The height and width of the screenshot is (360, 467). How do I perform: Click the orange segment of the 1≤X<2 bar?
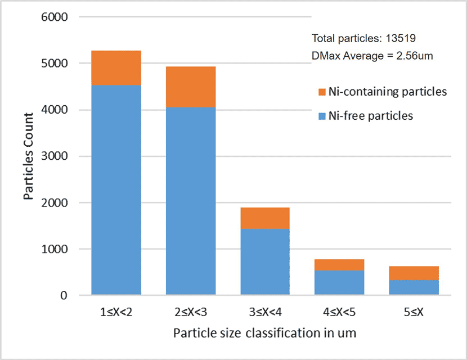point(116,67)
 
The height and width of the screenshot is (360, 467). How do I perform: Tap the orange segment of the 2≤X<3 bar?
point(191,87)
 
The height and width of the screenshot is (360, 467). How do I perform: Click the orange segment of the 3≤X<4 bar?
point(265,218)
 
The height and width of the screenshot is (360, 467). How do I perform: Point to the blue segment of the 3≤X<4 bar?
point(265,262)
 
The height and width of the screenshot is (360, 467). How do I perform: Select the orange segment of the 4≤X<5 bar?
point(339,265)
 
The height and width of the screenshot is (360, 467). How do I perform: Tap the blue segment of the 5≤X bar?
point(414,287)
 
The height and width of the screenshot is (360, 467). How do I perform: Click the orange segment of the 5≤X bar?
point(414,273)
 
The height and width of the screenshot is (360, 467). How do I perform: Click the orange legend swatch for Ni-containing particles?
point(322,92)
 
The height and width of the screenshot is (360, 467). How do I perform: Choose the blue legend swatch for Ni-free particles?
point(322,116)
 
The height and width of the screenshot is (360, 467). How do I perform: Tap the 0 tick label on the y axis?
point(64,295)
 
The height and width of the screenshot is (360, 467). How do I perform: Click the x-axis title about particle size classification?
point(264,333)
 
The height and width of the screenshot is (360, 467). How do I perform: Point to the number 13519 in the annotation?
point(400,39)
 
